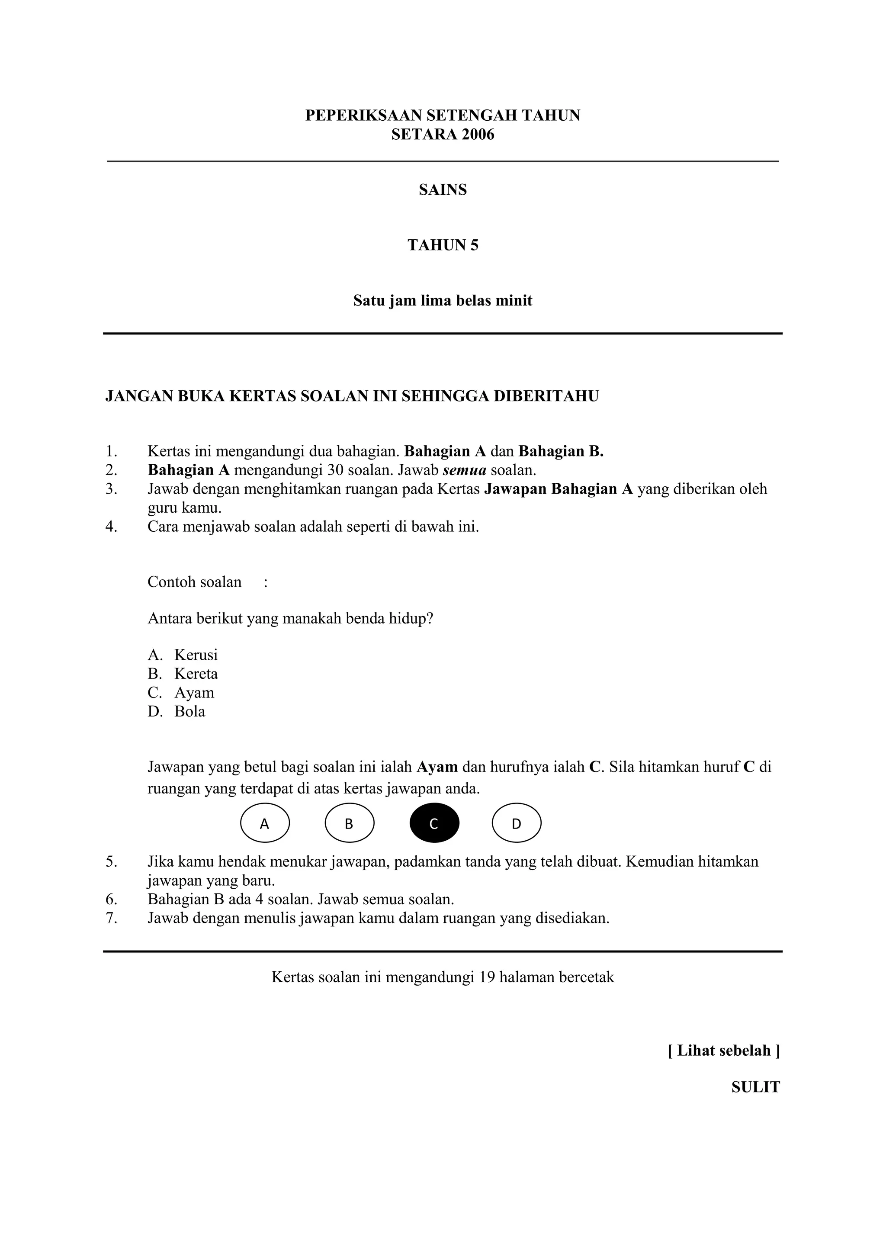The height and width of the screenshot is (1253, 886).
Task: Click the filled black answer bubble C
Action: tap(434, 823)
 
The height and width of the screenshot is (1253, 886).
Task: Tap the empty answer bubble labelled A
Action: tap(265, 823)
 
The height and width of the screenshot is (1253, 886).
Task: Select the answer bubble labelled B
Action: tap(349, 823)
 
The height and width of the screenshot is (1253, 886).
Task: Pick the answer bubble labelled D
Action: tap(516, 823)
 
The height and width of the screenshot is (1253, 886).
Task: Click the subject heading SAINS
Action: tap(443, 190)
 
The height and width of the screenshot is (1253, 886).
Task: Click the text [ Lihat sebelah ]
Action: tap(723, 1050)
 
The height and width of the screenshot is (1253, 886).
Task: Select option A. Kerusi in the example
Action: tap(183, 655)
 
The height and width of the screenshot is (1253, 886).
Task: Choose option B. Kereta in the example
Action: tap(183, 673)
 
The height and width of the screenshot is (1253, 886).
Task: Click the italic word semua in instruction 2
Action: tap(464, 470)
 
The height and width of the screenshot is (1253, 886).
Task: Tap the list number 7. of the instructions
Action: tap(111, 918)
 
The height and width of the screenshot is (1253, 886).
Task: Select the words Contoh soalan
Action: tap(194, 582)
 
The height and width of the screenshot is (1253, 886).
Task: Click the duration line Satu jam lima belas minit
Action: tap(443, 301)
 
